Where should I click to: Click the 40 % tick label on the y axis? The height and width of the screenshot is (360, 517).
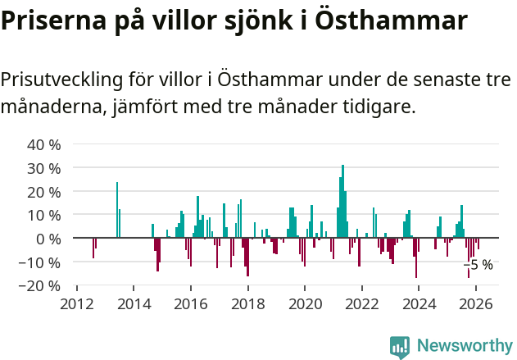click(x=44, y=145)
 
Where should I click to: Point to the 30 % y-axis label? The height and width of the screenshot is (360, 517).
click(x=44, y=169)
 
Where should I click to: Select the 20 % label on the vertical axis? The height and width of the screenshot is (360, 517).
click(x=44, y=192)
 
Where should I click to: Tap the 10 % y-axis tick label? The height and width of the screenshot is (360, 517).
click(x=44, y=216)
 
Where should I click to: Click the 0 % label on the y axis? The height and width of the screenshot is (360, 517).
click(x=48, y=239)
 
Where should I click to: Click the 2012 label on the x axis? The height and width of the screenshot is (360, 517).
click(x=77, y=303)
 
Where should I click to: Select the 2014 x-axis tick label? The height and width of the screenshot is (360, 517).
click(x=134, y=303)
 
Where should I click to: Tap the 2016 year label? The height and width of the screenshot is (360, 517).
click(x=191, y=303)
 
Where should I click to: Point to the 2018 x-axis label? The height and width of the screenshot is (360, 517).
click(x=247, y=303)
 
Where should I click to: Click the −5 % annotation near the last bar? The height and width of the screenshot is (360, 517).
click(x=478, y=265)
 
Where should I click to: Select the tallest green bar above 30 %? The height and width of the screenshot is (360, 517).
click(x=342, y=201)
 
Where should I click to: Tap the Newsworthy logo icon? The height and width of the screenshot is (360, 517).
click(x=400, y=346)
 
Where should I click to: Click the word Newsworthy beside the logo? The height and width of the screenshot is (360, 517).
click(x=464, y=346)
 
